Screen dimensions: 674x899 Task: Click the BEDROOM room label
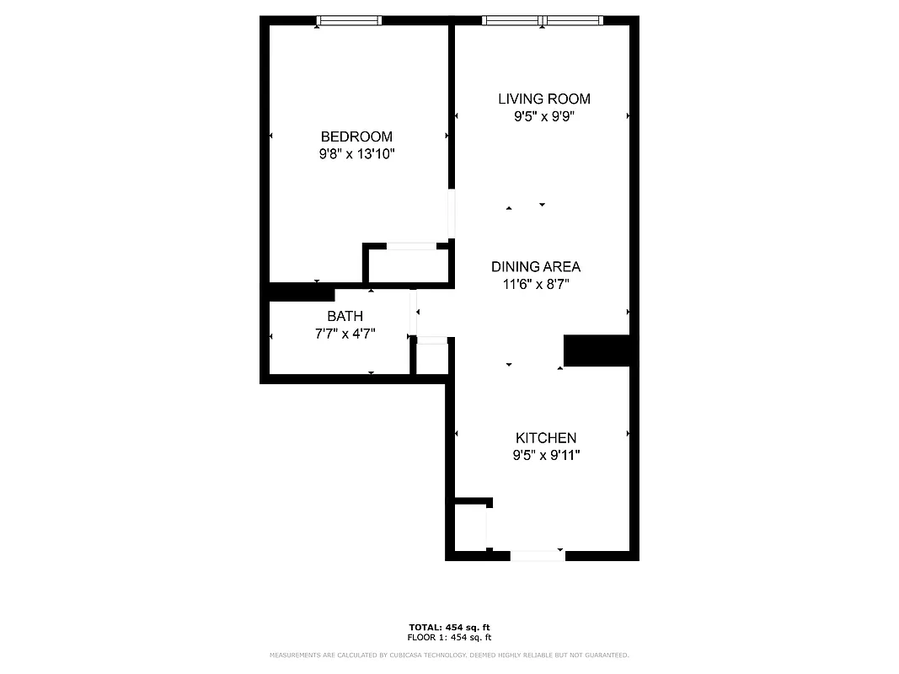pyautogui.click(x=356, y=136)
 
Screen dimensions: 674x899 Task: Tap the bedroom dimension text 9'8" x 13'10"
pyautogui.click(x=356, y=154)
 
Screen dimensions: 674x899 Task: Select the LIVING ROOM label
pyautogui.click(x=543, y=99)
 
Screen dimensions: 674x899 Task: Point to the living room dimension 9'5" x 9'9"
pyautogui.click(x=543, y=117)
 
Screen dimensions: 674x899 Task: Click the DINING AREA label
pyautogui.click(x=536, y=266)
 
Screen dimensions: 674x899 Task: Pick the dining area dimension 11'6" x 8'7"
pyautogui.click(x=536, y=285)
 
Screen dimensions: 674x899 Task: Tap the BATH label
pyautogui.click(x=345, y=316)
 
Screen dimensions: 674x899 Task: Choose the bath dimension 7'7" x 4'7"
pyautogui.click(x=345, y=334)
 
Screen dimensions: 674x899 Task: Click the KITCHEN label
pyautogui.click(x=546, y=438)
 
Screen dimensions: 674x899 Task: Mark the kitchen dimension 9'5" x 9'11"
pyautogui.click(x=546, y=456)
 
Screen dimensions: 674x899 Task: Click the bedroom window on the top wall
pyautogui.click(x=350, y=20)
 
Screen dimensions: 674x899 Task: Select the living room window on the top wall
pyautogui.click(x=543, y=20)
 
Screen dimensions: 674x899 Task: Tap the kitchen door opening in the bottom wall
pyautogui.click(x=538, y=555)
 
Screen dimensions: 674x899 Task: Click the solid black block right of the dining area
pyautogui.click(x=597, y=350)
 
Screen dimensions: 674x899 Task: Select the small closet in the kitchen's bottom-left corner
pyautogui.click(x=470, y=527)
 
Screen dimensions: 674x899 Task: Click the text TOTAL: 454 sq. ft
pyautogui.click(x=449, y=628)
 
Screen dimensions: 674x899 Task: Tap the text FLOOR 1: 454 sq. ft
pyautogui.click(x=449, y=638)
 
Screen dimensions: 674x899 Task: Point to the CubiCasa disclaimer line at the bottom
pyautogui.click(x=449, y=655)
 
